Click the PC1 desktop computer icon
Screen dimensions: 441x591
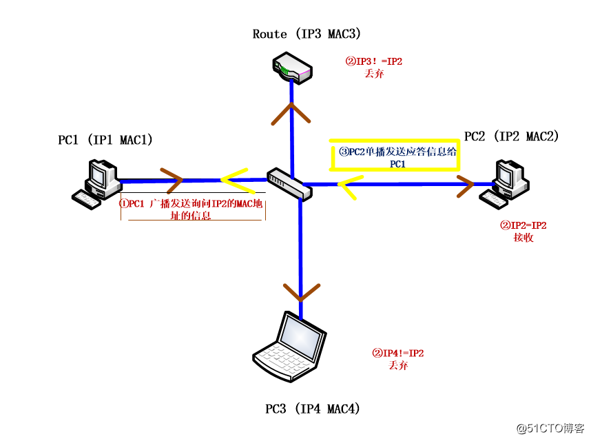click(x=98, y=183)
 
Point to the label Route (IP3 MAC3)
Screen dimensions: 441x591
click(x=307, y=33)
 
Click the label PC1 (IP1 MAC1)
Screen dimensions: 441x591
click(x=105, y=140)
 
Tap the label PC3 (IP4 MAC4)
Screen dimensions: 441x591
click(x=313, y=409)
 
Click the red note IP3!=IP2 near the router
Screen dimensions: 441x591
click(x=374, y=67)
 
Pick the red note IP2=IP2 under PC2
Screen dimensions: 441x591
click(x=523, y=231)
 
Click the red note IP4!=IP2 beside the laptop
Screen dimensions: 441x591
click(x=398, y=359)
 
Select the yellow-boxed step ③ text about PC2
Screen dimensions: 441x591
click(x=395, y=157)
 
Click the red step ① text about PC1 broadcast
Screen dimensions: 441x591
click(x=192, y=209)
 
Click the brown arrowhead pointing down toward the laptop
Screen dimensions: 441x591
click(x=300, y=291)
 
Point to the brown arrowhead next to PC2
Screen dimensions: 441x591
click(x=464, y=184)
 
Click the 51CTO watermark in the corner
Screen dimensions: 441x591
click(x=550, y=428)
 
